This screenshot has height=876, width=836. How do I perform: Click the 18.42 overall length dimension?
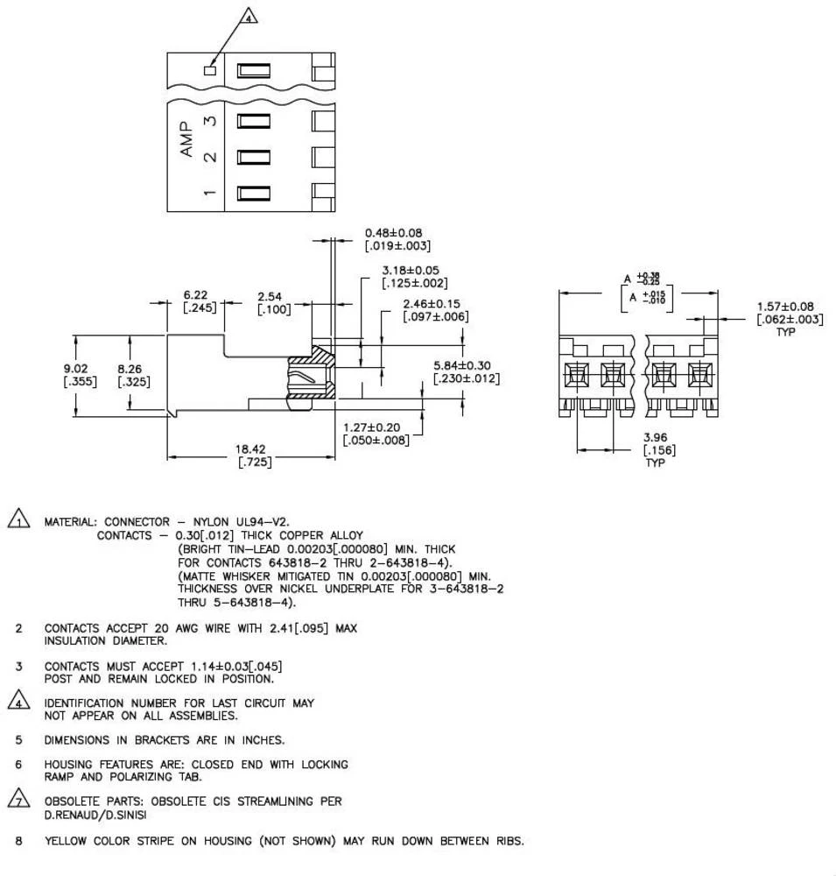(250, 449)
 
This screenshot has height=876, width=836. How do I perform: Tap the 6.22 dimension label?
(194, 296)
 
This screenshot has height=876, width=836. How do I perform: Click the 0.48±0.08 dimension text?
(393, 233)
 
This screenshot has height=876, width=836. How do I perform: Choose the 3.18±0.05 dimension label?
(410, 271)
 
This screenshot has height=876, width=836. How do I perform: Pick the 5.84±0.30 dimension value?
(462, 365)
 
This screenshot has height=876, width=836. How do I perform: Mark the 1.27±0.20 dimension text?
(376, 427)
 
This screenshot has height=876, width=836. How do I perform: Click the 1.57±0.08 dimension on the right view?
(785, 307)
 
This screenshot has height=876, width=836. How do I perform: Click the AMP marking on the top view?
(186, 139)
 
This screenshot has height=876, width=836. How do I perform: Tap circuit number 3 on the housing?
(210, 121)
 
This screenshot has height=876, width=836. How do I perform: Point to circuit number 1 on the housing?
(210, 193)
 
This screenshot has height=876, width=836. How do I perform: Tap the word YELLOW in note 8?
(67, 842)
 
